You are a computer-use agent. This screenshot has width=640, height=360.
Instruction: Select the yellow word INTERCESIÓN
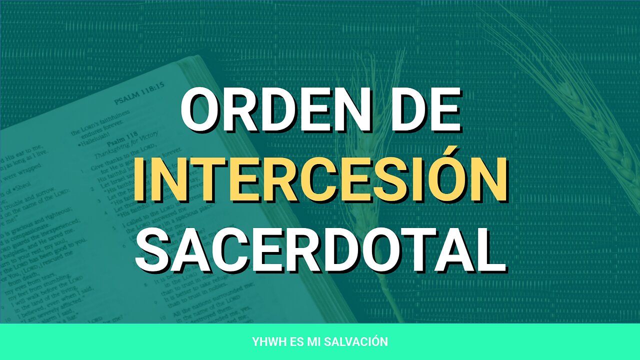[320, 179]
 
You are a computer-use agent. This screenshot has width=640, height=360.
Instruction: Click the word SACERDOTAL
[320, 248]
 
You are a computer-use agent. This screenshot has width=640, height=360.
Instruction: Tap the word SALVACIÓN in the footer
[359, 342]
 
